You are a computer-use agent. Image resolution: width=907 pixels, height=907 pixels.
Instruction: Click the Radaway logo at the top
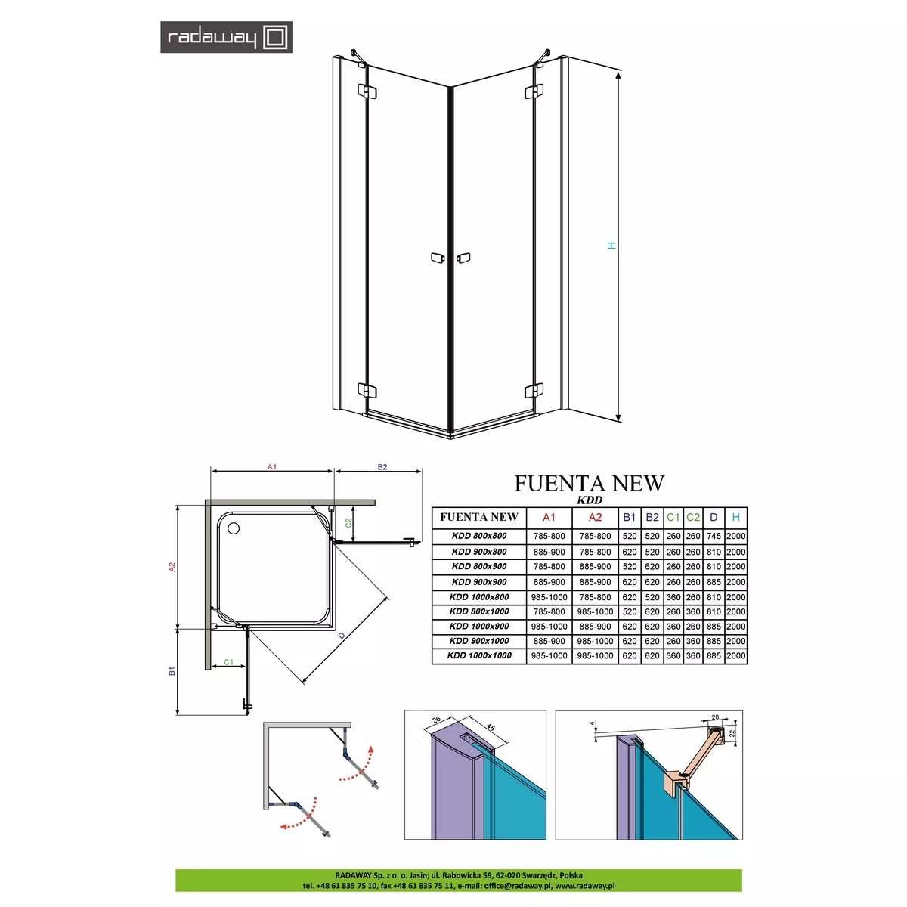point(226,37)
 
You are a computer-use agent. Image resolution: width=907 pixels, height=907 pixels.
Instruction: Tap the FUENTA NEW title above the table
point(589,484)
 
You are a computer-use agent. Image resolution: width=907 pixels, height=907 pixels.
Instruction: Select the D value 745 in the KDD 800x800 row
point(714,536)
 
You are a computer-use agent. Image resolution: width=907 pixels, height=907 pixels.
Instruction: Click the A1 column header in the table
point(549,517)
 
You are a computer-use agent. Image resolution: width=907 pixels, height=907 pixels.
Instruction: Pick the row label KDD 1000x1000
point(479,655)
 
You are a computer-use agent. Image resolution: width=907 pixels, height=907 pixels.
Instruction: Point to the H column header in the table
point(735,517)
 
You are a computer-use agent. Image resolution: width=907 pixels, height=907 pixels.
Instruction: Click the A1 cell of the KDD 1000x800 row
point(549,597)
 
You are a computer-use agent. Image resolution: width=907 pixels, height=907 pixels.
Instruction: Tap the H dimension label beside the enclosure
point(611,246)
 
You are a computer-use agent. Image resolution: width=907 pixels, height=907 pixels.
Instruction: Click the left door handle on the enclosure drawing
point(438,258)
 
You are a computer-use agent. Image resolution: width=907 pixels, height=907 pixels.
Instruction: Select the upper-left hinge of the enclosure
point(367,91)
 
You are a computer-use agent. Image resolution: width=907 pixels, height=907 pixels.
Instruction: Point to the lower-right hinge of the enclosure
point(534,390)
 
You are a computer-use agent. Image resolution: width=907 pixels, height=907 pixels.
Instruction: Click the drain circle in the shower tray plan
point(234,528)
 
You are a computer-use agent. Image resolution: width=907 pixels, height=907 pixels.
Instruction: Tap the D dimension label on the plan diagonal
point(342,636)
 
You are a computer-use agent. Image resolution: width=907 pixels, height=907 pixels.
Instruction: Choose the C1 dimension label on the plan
point(228,662)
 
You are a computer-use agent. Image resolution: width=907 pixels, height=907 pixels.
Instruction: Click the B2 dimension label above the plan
point(382,467)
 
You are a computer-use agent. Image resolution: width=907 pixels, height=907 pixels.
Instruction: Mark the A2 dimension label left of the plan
point(172,567)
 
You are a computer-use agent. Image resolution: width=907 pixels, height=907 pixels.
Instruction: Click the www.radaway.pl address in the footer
point(584,885)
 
